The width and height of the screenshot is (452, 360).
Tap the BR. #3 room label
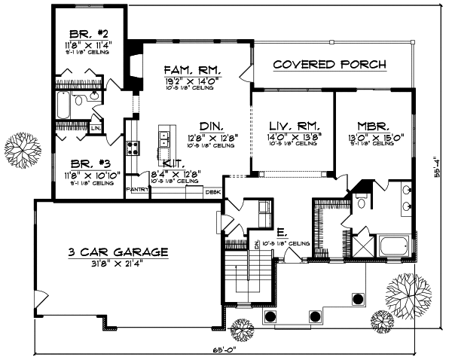pyautogui.click(x=87, y=163)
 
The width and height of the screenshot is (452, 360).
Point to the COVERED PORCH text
pyautogui.click(x=329, y=64)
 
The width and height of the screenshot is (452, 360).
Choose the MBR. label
pyautogui.click(x=372, y=127)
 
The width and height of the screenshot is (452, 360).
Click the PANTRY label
pyautogui.click(x=136, y=190)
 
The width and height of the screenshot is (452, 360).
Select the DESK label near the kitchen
pyautogui.click(x=213, y=192)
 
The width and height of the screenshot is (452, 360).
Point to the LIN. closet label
pyautogui.click(x=96, y=128)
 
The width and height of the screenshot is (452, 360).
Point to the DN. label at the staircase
pyautogui.click(x=257, y=244)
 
